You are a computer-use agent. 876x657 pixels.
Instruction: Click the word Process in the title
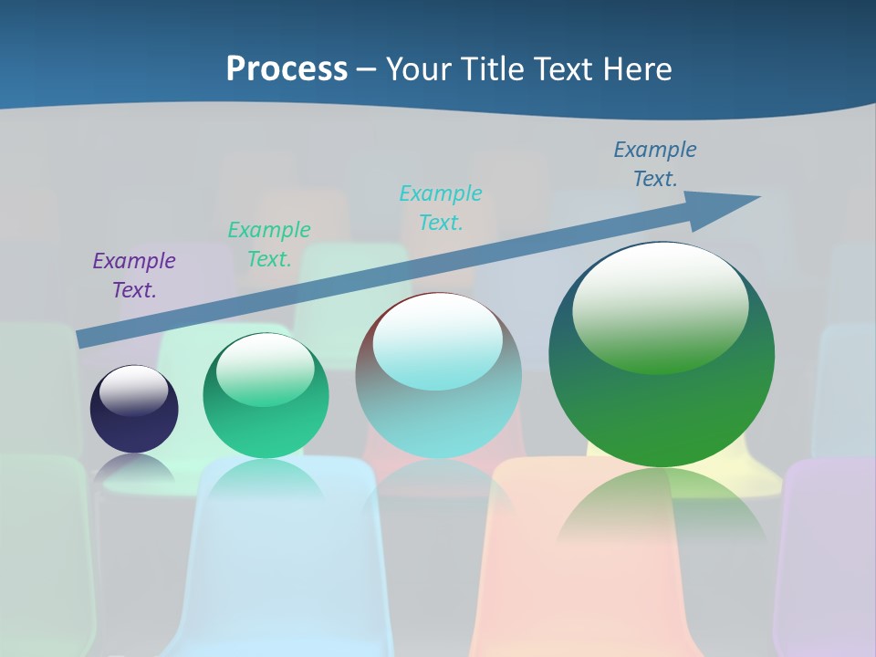click(x=287, y=68)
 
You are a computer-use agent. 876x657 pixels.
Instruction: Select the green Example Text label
click(x=269, y=245)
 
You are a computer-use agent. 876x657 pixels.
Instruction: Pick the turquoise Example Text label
click(x=441, y=207)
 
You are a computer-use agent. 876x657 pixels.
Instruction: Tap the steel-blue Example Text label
click(x=655, y=163)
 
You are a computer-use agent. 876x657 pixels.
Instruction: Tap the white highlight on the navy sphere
click(x=134, y=389)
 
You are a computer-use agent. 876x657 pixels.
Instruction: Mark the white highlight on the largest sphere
click(x=660, y=306)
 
